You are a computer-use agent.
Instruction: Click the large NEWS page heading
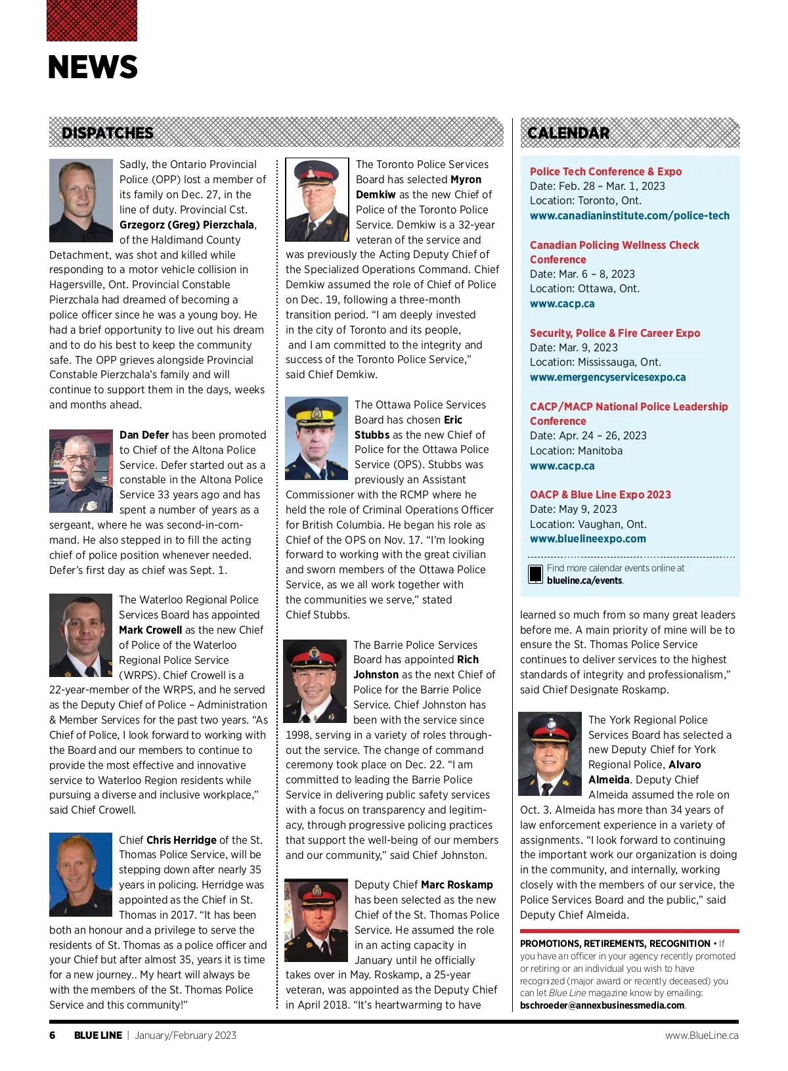(93, 67)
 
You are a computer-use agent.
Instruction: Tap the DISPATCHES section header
(107, 133)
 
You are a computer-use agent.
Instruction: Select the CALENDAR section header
(568, 133)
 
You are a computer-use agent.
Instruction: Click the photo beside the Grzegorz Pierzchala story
(81, 200)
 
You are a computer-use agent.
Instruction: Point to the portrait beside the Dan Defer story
(81, 471)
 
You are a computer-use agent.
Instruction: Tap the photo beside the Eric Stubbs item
(317, 438)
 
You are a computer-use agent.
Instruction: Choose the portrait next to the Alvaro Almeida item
(550, 754)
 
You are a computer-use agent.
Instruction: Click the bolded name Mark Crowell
(150, 630)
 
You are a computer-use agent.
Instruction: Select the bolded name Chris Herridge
(181, 840)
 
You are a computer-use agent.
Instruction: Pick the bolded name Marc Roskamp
(456, 885)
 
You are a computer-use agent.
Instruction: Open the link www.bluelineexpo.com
(588, 538)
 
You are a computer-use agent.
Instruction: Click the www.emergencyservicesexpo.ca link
(607, 377)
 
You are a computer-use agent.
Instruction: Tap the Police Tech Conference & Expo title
(605, 171)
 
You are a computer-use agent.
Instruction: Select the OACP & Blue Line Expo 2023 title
(600, 494)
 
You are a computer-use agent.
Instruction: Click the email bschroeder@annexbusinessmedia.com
(602, 1005)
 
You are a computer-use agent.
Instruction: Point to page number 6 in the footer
(53, 1035)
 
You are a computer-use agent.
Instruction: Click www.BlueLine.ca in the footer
(701, 1035)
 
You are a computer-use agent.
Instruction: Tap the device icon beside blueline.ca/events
(535, 574)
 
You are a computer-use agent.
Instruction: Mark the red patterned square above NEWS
(92, 20)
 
